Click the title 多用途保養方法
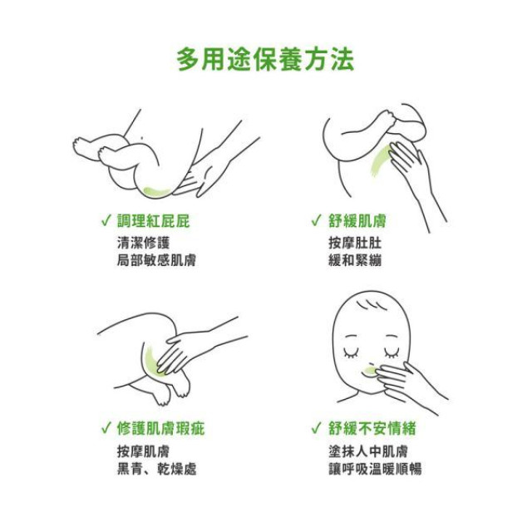265,59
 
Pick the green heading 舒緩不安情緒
372,429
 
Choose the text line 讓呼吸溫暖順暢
375,469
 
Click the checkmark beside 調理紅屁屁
106,221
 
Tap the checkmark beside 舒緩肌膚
316,221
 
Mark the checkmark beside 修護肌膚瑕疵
106,429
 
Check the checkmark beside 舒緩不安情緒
316,429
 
